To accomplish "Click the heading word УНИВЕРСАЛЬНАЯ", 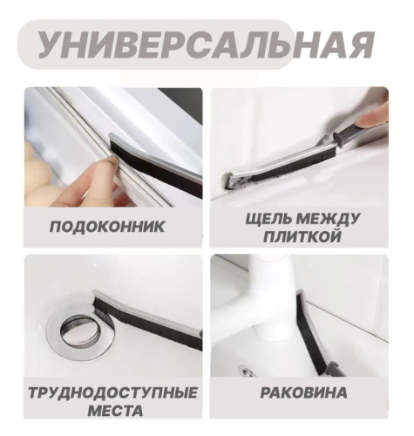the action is [206, 45].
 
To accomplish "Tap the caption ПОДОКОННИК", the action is [107, 227].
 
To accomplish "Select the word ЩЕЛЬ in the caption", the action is [268, 219].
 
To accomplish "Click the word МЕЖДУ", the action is [328, 219].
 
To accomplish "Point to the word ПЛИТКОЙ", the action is [302, 236].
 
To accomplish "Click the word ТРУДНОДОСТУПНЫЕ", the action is [113, 393].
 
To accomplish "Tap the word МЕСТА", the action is [115, 411].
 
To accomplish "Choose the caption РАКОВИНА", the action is [303, 392].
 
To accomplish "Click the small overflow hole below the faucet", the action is [247, 371].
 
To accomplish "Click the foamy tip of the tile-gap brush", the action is [236, 181].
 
